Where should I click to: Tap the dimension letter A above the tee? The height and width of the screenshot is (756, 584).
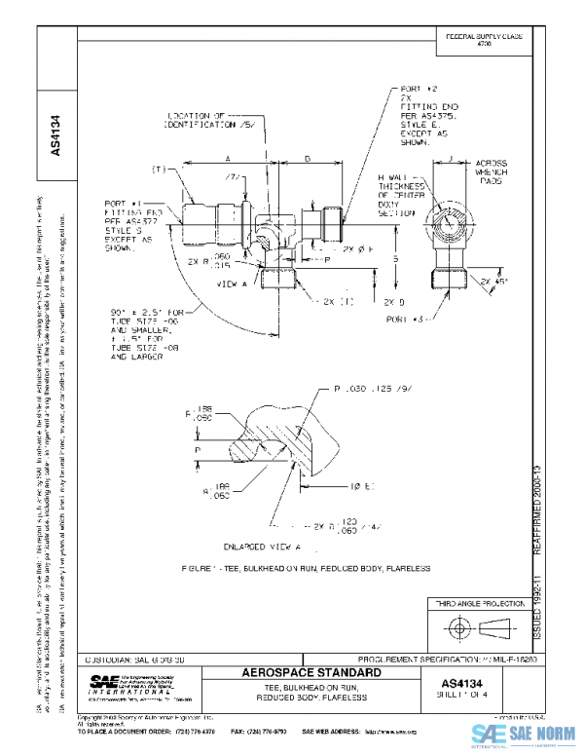[x=227, y=156]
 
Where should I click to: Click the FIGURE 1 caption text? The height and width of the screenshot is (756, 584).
[x=306, y=568]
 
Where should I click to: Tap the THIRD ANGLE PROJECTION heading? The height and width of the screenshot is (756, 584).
[x=477, y=605]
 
